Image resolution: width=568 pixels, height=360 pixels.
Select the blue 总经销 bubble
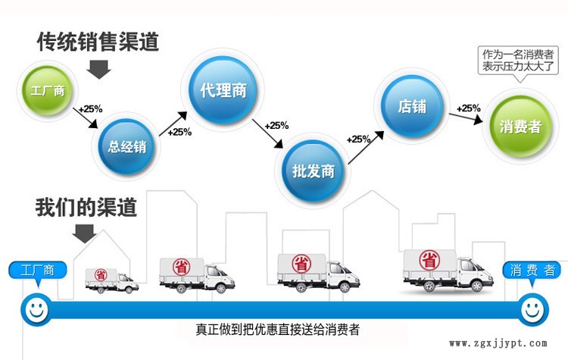tap(127, 146)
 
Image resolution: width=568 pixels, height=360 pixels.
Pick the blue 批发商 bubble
tap(313, 169)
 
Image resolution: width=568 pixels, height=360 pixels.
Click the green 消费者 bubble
tap(520, 125)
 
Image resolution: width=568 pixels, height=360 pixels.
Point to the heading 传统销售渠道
tap(98, 42)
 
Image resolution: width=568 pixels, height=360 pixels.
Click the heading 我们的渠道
tap(86, 207)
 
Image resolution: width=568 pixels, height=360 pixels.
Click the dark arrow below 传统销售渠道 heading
tap(98, 70)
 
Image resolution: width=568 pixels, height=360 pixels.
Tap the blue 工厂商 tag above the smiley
tap(38, 270)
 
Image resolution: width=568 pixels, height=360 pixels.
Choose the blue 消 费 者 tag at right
tap(532, 270)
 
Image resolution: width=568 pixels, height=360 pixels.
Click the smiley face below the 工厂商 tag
tap(35, 308)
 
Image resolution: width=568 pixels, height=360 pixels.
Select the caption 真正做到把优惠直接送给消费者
tap(277, 330)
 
